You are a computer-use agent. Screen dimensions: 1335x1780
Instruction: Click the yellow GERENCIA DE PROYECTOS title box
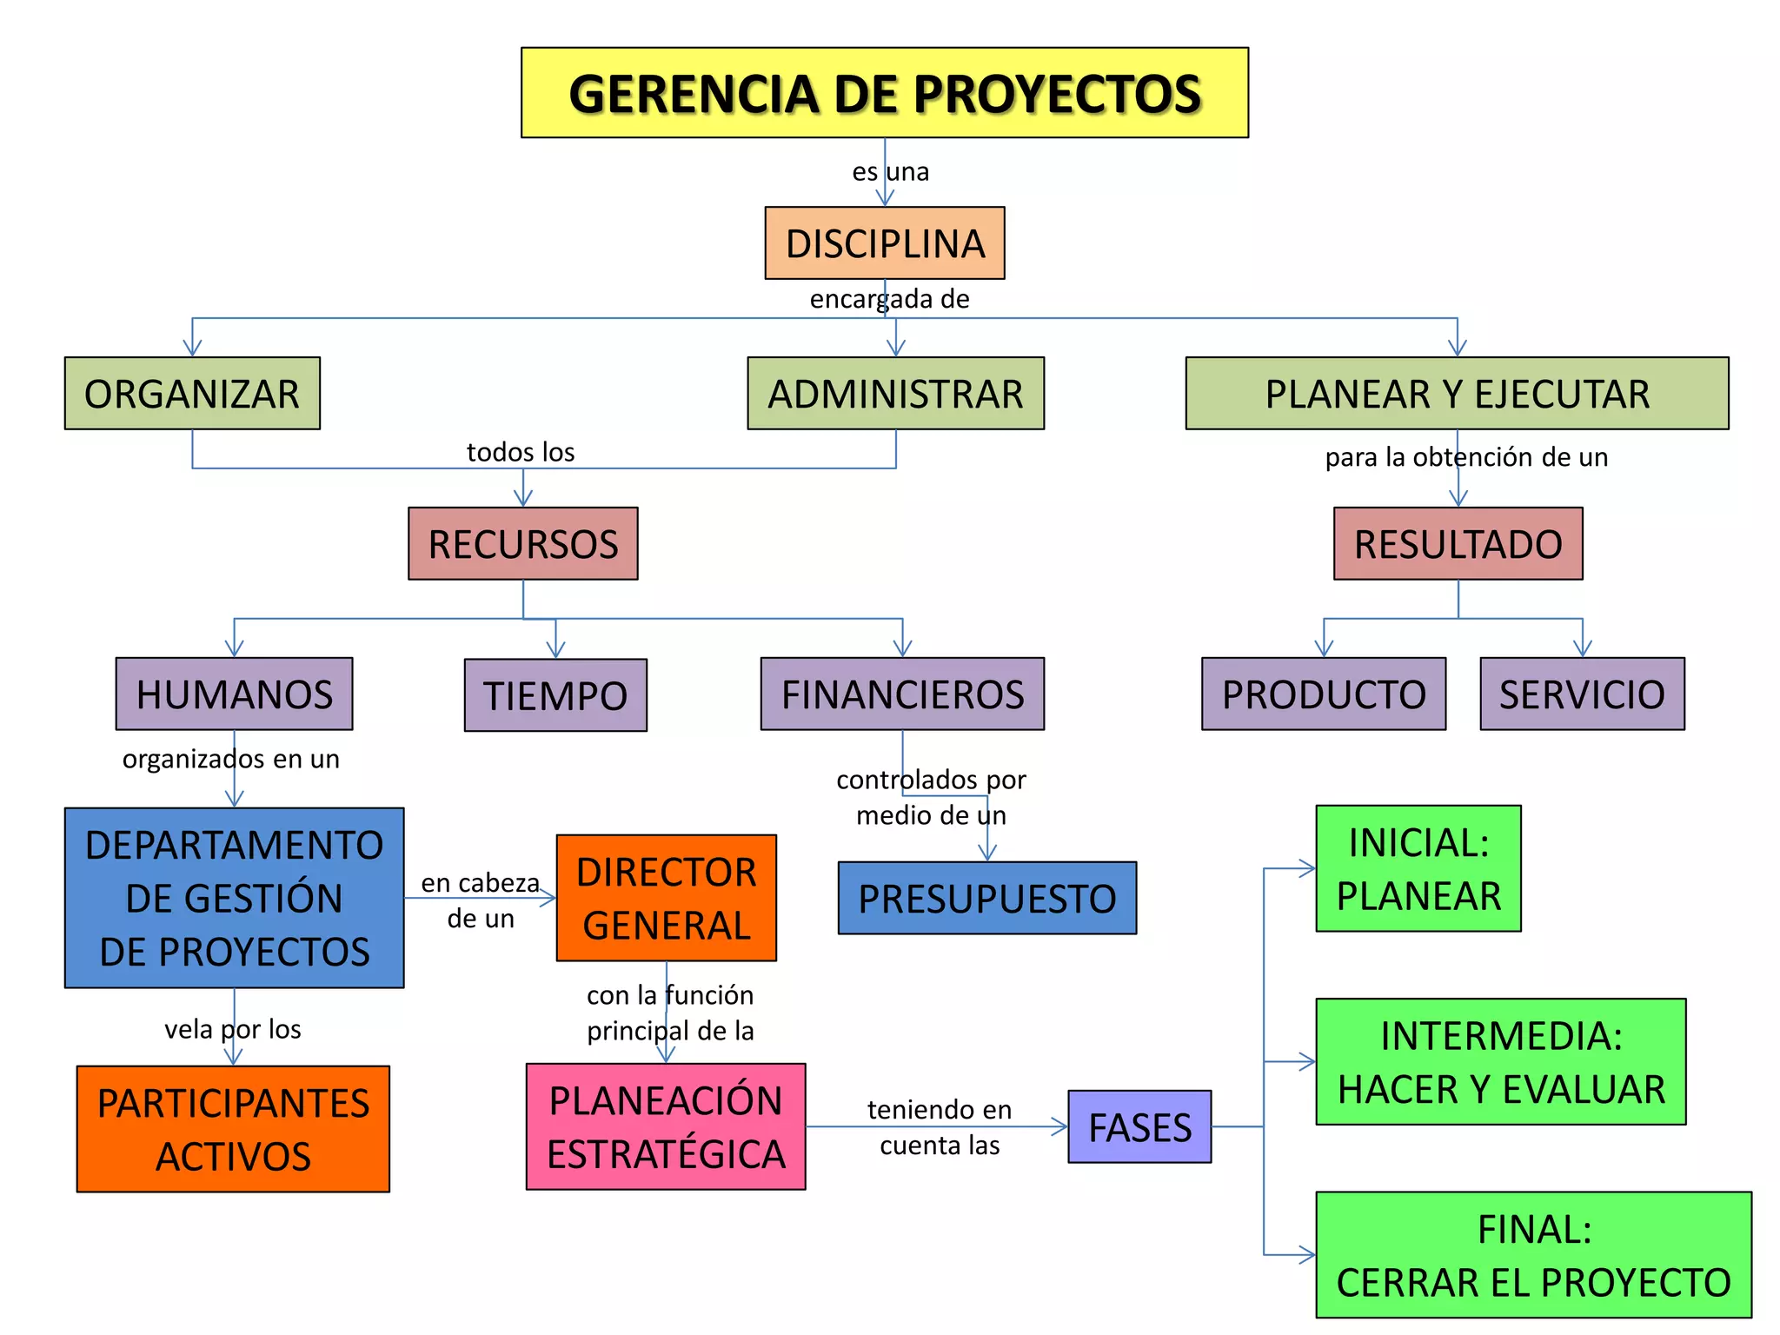(x=884, y=93)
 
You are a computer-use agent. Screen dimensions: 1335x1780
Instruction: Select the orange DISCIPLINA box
(x=884, y=243)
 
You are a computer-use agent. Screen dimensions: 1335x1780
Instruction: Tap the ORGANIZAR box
(x=192, y=394)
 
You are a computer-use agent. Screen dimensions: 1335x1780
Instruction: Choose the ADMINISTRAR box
(x=895, y=394)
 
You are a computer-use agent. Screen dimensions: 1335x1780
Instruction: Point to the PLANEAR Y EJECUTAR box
(x=1457, y=394)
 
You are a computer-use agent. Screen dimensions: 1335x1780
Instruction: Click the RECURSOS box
(x=522, y=544)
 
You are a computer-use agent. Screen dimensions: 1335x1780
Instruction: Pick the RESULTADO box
(x=1458, y=544)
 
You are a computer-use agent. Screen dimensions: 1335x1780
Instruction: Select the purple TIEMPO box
(x=555, y=695)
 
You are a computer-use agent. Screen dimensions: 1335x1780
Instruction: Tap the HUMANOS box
(x=234, y=694)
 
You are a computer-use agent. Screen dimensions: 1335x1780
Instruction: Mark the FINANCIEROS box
(x=902, y=694)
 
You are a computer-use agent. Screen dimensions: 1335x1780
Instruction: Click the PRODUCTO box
(x=1324, y=694)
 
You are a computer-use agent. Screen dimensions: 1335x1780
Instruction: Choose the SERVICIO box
(x=1582, y=694)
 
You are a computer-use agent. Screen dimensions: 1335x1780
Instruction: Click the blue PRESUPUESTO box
(x=986, y=899)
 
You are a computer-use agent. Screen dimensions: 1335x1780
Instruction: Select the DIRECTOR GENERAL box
(x=666, y=899)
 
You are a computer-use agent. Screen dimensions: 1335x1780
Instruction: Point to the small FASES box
(x=1139, y=1127)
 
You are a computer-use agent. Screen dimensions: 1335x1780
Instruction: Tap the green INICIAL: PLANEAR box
(x=1418, y=869)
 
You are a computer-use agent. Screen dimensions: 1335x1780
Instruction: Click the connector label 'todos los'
(x=521, y=452)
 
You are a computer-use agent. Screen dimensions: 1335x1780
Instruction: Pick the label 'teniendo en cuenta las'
(x=940, y=1127)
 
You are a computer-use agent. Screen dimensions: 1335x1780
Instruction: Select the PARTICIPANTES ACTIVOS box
(x=233, y=1129)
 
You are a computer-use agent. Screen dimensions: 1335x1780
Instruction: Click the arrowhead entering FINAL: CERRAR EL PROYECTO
(x=1307, y=1255)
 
